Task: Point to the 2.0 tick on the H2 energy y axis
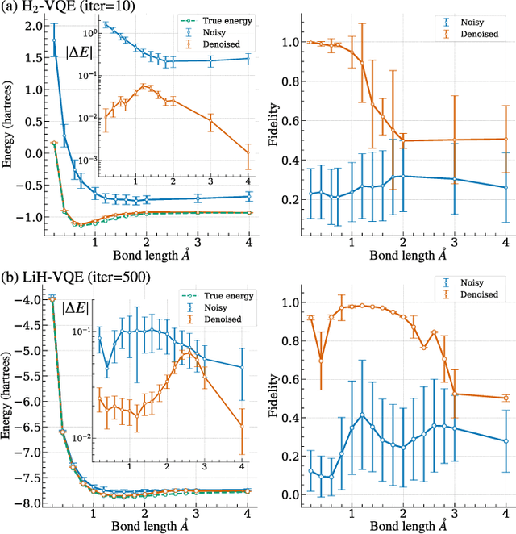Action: coord(29,27)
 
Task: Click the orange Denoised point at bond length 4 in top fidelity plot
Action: coord(506,139)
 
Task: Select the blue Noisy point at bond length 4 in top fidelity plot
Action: coord(506,187)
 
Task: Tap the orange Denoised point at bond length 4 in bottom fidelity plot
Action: coord(506,398)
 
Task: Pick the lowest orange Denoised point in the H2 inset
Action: coord(248,153)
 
